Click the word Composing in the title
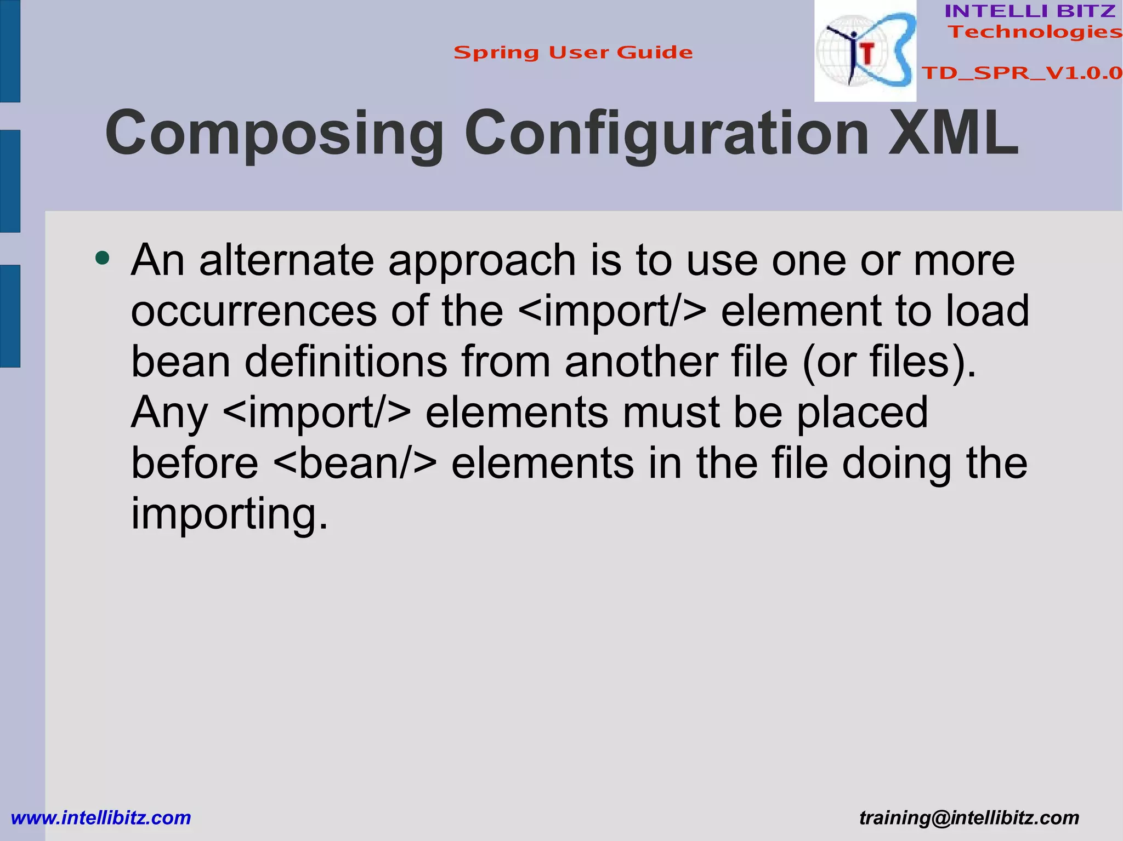pos(274,134)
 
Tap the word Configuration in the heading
pos(666,134)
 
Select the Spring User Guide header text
pos(573,53)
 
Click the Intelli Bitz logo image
pos(865,51)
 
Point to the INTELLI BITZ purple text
pos(1030,11)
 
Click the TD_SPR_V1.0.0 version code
pos(1022,73)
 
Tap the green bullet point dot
pos(102,258)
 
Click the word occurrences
pos(254,311)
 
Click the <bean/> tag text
pos(355,463)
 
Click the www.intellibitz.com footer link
pos(101,818)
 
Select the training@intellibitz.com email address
pos(969,818)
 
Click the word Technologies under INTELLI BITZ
pos(1035,32)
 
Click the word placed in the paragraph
pos(862,412)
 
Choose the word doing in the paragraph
pos(896,463)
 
